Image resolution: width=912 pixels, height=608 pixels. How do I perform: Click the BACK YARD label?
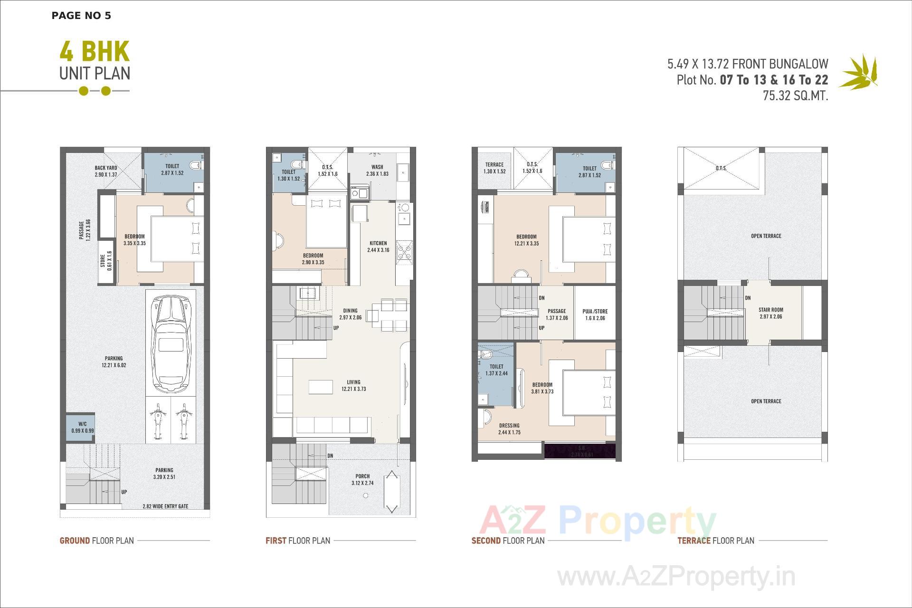(106, 171)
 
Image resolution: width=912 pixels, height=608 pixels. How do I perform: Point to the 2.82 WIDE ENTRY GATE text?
(165, 506)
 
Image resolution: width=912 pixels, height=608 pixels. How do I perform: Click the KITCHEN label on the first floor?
(378, 247)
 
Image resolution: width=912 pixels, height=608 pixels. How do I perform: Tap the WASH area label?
(377, 171)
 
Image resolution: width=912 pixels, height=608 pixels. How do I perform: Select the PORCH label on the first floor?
(362, 479)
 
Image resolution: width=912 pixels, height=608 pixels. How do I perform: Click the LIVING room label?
(353, 385)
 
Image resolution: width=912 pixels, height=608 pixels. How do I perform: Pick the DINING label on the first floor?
(351, 314)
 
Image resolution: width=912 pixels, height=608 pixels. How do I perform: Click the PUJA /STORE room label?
(595, 315)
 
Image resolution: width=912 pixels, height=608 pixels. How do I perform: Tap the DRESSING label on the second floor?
(509, 429)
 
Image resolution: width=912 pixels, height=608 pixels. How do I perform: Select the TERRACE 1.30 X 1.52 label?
(494, 168)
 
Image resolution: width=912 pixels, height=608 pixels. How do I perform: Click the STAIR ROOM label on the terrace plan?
(770, 313)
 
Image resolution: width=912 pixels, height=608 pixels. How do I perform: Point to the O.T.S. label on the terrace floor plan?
(721, 168)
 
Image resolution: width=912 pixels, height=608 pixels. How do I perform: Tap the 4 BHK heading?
(95, 52)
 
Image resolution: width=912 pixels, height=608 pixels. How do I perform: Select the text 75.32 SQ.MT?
(795, 95)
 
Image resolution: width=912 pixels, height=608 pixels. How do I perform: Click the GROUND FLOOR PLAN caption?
(97, 541)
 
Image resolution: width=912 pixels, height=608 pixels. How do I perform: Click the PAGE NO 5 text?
(81, 16)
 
